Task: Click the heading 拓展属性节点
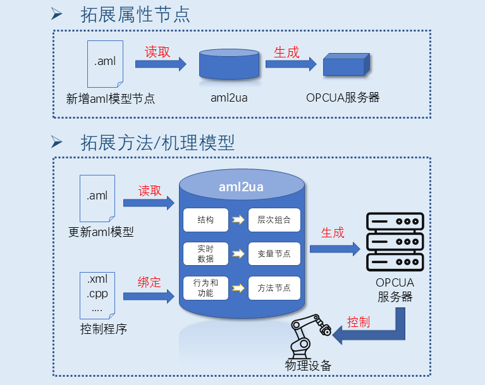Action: tap(135, 15)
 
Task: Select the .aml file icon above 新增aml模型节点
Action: tap(105, 63)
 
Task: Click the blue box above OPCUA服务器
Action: tap(345, 64)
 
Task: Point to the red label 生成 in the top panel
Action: tap(286, 52)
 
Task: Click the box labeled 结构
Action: tap(206, 220)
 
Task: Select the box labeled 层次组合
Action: tap(274, 220)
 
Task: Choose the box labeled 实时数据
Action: tap(206, 254)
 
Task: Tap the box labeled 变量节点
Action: tap(274, 254)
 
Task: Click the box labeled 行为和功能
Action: tap(206, 288)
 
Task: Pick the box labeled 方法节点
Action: tap(274, 288)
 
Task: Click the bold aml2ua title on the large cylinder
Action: tap(241, 187)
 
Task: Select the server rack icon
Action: tap(395, 242)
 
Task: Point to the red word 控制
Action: tap(359, 323)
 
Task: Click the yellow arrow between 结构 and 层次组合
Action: tap(238, 220)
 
